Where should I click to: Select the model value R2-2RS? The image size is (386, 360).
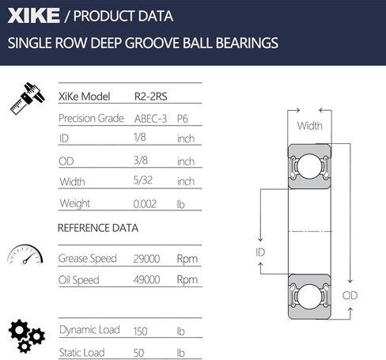(x=151, y=96)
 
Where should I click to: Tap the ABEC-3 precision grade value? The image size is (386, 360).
(x=150, y=118)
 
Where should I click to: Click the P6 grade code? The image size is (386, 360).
(x=183, y=118)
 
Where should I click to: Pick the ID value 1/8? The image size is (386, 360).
(x=142, y=138)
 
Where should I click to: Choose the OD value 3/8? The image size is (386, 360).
(x=142, y=161)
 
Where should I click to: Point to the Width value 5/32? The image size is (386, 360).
(x=144, y=182)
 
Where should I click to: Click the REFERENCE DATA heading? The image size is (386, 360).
(x=98, y=228)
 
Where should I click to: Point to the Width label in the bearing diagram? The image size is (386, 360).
(x=309, y=126)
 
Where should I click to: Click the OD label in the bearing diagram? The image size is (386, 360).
(x=350, y=295)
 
